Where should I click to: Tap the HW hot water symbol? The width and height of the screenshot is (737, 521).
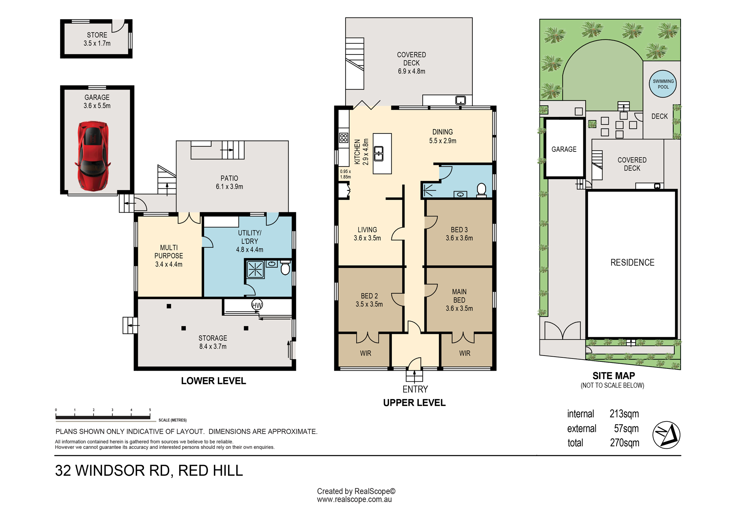click(257, 305)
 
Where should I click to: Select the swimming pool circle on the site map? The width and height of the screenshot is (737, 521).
click(663, 84)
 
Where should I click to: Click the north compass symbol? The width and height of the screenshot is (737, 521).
click(666, 435)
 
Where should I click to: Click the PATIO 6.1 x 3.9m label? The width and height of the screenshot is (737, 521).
click(229, 182)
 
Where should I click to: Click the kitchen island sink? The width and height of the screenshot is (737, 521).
click(378, 154)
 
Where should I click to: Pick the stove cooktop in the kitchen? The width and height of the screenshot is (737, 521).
click(344, 138)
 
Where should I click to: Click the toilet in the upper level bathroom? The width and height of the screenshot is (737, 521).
click(481, 190)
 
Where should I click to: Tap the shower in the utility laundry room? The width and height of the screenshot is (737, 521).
click(255, 269)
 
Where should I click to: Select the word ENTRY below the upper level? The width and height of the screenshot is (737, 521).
click(415, 389)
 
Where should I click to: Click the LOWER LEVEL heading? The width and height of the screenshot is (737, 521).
click(213, 381)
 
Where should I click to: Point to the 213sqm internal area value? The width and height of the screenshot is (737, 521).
click(624, 414)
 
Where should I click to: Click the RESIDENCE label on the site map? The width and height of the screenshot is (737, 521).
click(632, 262)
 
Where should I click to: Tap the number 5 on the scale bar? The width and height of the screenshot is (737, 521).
click(150, 410)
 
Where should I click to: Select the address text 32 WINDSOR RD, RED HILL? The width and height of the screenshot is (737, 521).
click(149, 471)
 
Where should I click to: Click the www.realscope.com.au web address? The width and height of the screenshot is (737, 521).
click(354, 500)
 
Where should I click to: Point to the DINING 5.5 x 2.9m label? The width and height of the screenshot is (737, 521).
click(443, 136)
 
